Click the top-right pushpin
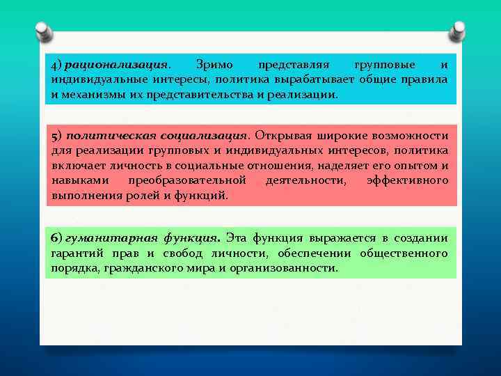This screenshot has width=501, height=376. pos(458,31)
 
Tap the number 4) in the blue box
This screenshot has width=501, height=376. pos(56,65)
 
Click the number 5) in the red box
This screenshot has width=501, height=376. pos(56,135)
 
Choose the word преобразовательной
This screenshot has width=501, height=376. pos(187,180)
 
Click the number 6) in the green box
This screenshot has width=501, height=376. pos(57,237)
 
